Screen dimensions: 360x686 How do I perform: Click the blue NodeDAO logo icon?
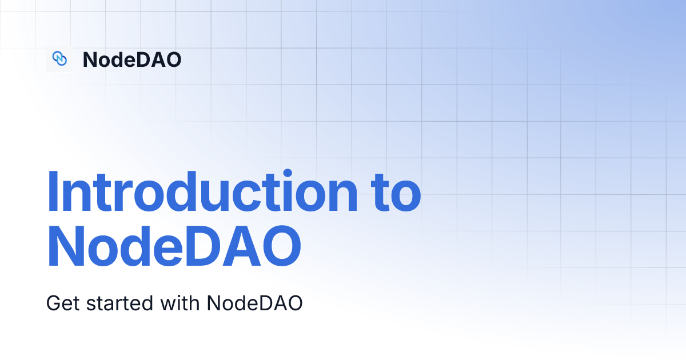coord(59,58)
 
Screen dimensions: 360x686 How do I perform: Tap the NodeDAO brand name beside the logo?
coord(132,59)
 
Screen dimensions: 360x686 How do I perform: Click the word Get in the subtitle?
coord(63,303)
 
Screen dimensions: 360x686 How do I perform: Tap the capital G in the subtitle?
coord(53,303)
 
